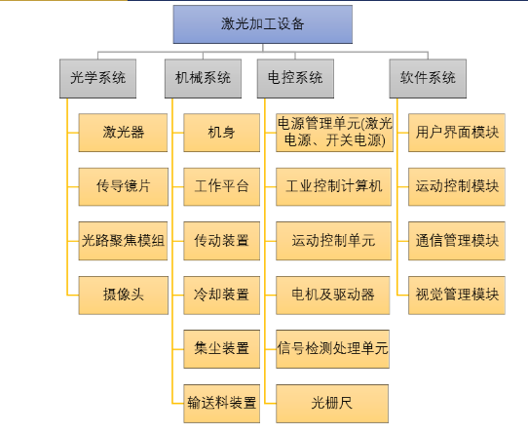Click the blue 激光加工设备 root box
coord(263,24)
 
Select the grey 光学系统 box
coord(98,79)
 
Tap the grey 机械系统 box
coord(203,79)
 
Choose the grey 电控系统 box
coord(295,79)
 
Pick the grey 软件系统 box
coord(428,79)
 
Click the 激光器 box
coord(123,133)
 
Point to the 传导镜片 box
coord(124,187)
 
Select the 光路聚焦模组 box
coord(123,241)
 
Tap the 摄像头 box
coord(124,296)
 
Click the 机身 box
coord(221,133)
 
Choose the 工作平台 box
coord(221,187)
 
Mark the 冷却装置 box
coord(221,296)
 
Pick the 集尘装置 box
coord(221,349)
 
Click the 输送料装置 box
coord(221,404)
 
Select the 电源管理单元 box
coord(334,133)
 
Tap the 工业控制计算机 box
coord(333,187)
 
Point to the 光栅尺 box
coord(332,404)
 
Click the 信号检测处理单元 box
coord(333,349)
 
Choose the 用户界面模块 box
coord(457,133)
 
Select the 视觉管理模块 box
coord(457,296)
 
